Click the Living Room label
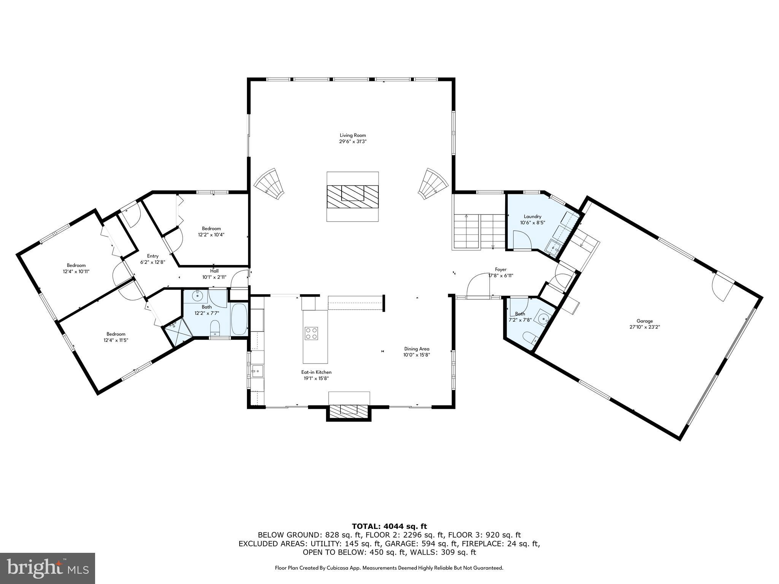353,135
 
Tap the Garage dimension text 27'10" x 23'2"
644,327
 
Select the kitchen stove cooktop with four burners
311,333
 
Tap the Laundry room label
532,216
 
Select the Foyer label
501,270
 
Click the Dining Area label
417,349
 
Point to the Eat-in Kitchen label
316,372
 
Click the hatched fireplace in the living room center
353,196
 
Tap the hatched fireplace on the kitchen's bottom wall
348,410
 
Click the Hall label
214,271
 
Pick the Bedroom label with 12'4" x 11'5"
116,334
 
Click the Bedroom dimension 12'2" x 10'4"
211,235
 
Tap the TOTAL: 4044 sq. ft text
389,527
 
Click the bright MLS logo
47,568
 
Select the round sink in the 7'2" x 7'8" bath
544,319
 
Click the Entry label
153,256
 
